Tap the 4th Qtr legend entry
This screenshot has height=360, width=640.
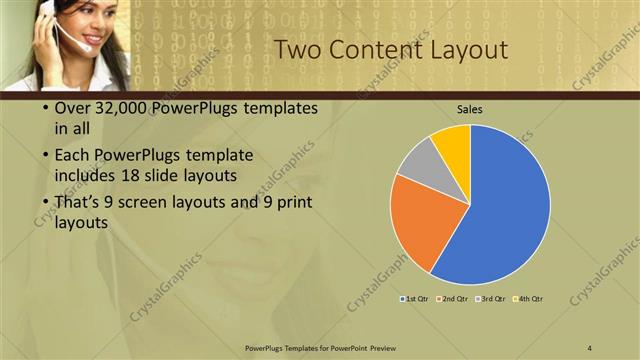pos(527,298)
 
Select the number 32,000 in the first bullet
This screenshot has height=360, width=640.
pos(118,107)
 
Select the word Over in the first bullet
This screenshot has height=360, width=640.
pos(70,107)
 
